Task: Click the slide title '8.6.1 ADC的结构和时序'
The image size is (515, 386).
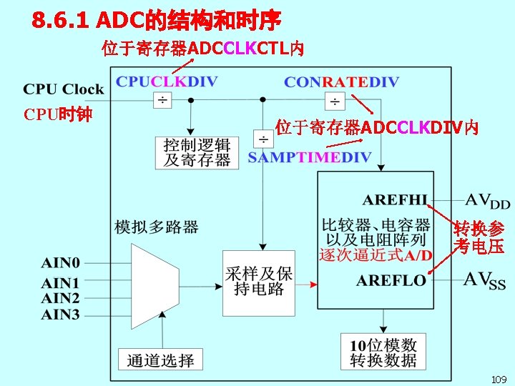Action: [157, 20]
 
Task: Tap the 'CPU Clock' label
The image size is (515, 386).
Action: [64, 89]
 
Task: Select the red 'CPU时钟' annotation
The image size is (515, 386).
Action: [57, 114]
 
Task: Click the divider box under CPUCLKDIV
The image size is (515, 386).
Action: [162, 100]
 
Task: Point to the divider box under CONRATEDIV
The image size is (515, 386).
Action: [333, 100]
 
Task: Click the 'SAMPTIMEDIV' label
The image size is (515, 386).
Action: [310, 157]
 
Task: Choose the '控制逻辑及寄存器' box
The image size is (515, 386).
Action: [197, 152]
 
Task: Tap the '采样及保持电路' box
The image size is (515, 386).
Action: [258, 282]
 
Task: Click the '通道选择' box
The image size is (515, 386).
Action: [160, 360]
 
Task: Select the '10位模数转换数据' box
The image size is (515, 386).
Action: [383, 352]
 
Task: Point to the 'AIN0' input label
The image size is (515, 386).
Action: [61, 263]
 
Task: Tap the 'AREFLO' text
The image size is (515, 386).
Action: [391, 280]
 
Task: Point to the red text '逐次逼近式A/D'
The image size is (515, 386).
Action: [376, 254]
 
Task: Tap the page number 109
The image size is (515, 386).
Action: [499, 378]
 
